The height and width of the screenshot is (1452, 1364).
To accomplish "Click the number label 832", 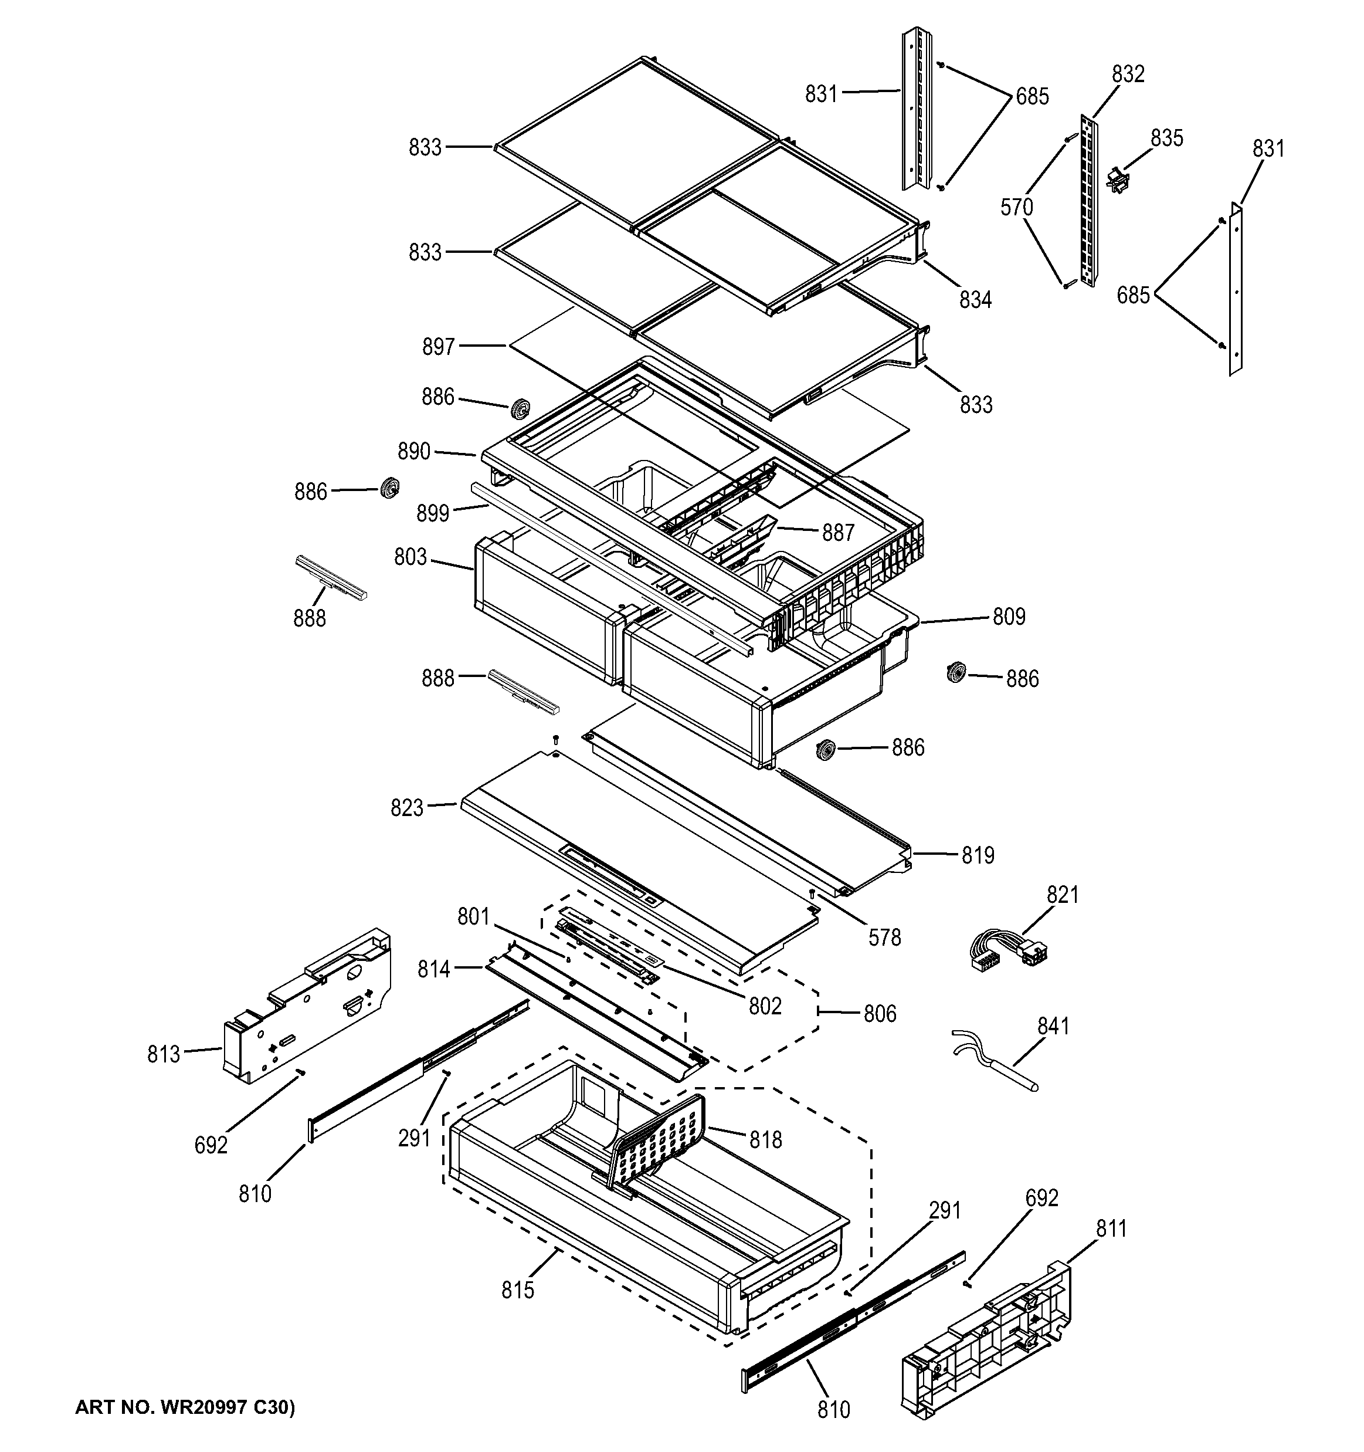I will tap(1128, 74).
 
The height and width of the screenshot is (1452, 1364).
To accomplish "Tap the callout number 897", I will tap(438, 346).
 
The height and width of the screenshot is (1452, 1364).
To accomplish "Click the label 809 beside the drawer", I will tap(1009, 617).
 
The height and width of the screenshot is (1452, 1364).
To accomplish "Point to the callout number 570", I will tap(1016, 208).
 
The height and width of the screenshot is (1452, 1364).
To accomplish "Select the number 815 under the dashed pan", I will tap(518, 1291).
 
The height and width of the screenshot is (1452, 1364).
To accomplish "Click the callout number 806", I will tap(879, 1014).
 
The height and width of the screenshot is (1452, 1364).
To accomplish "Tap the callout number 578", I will tap(884, 937).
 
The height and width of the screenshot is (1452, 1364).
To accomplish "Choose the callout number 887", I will tap(837, 533).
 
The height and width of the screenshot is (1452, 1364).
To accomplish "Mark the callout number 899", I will tap(432, 513).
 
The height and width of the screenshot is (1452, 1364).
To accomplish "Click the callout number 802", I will tap(765, 1007).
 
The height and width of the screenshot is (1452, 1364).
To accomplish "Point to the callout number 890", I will tap(413, 451).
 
